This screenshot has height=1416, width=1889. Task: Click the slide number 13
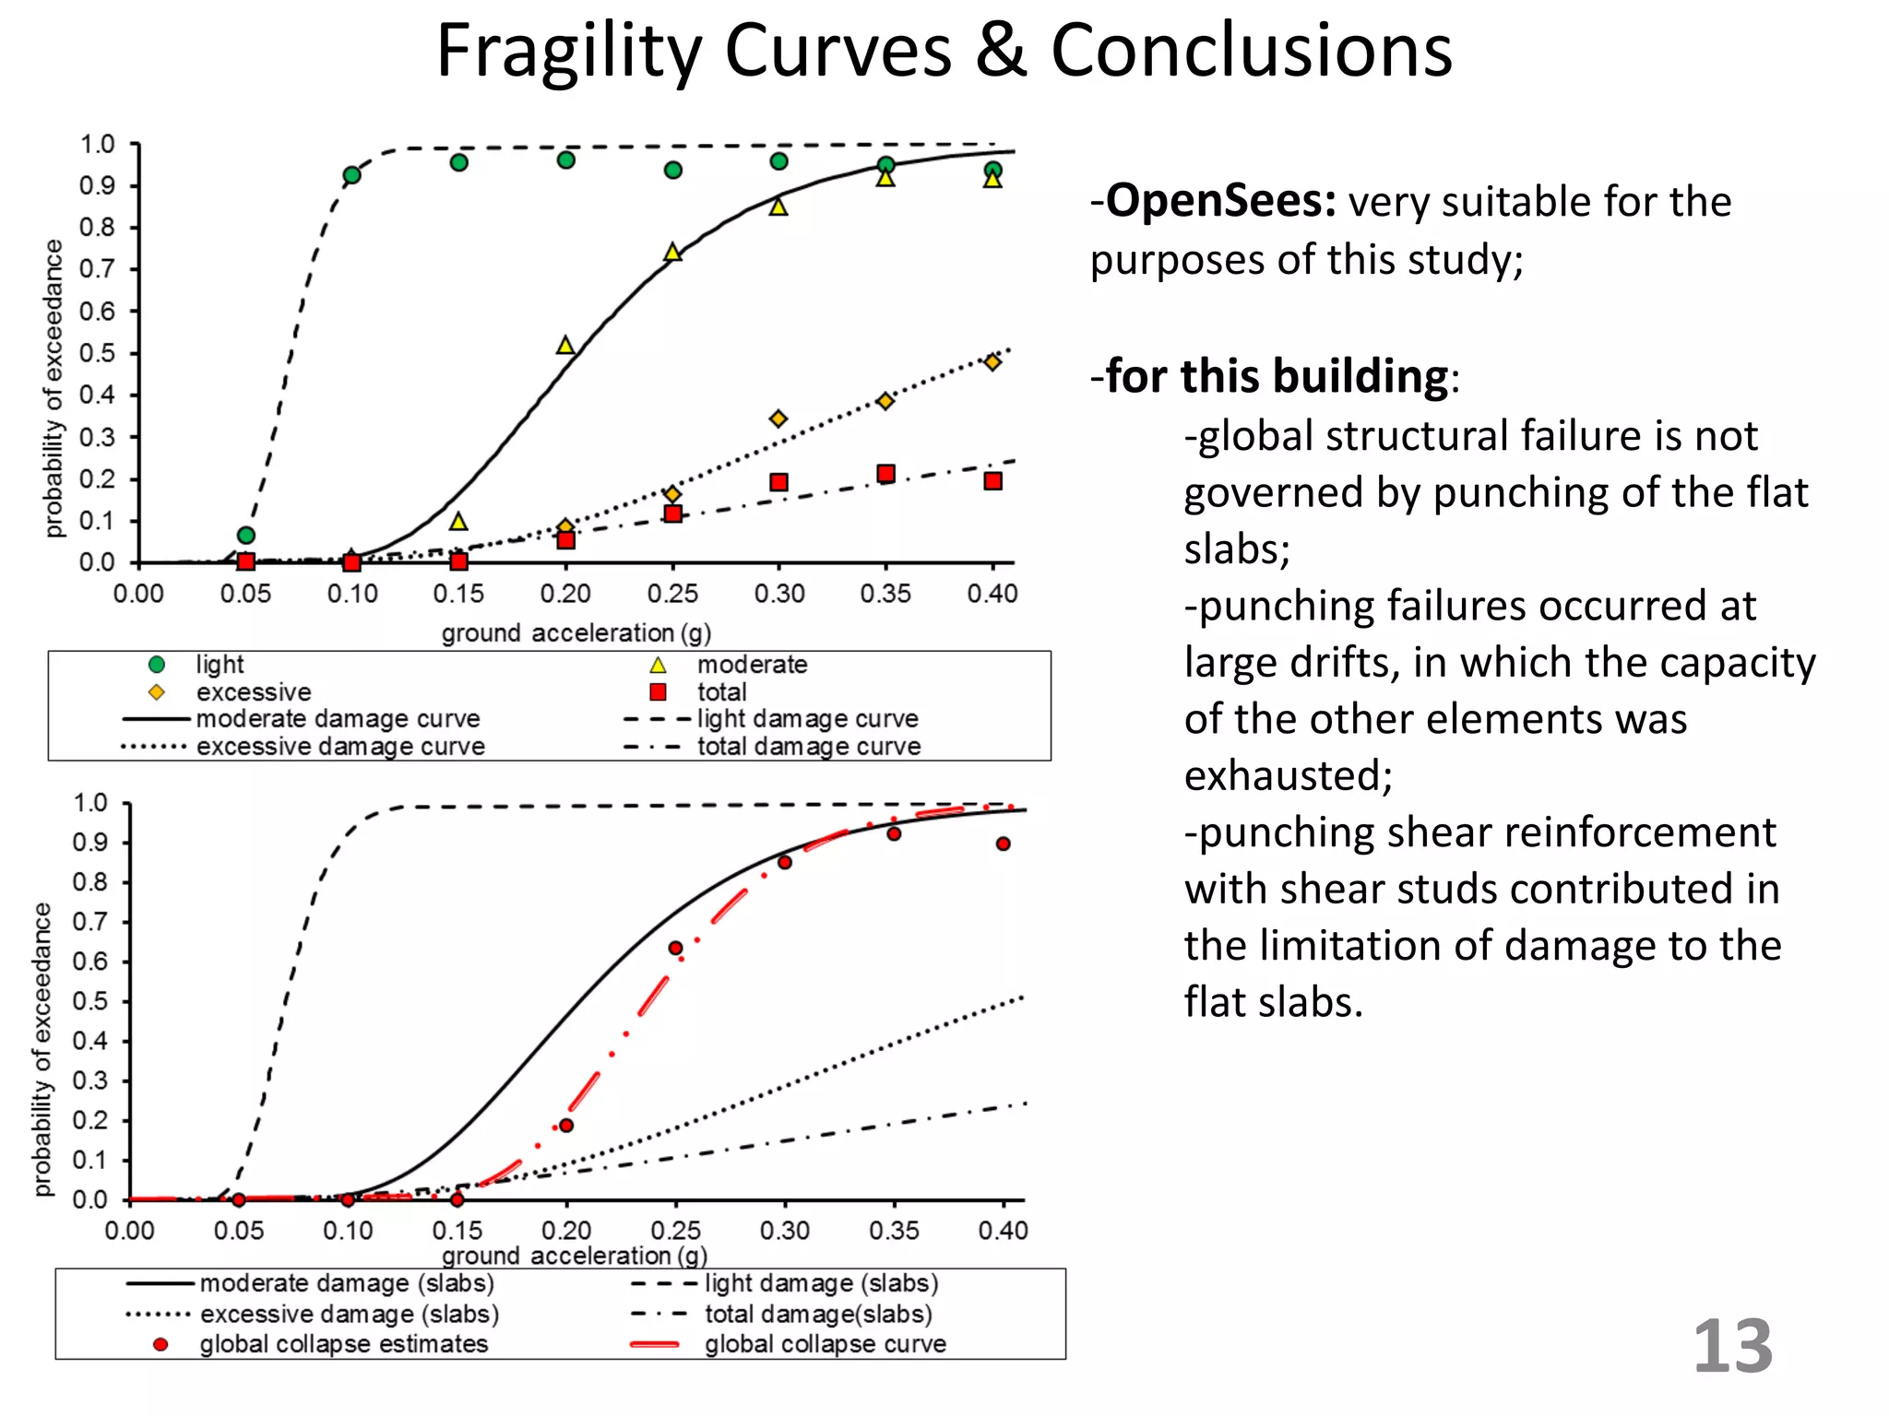click(1732, 1347)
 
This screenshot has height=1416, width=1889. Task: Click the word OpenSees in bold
click(1220, 201)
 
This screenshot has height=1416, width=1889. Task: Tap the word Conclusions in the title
click(1251, 51)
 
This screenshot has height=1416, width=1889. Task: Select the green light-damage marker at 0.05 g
click(245, 536)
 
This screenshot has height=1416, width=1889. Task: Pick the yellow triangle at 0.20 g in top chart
click(565, 346)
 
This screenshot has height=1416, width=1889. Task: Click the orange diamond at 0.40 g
click(992, 362)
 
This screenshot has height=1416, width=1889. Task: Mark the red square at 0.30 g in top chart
click(778, 482)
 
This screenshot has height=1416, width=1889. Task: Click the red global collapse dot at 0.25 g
click(675, 949)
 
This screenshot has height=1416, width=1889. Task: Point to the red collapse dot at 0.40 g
click(1004, 844)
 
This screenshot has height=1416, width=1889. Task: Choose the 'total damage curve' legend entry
click(808, 747)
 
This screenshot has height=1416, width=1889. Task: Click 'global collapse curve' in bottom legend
click(825, 1344)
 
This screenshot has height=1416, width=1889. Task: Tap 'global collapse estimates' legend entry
click(343, 1344)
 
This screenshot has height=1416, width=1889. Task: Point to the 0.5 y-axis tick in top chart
click(97, 353)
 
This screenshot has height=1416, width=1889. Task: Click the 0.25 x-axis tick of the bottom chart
click(675, 1231)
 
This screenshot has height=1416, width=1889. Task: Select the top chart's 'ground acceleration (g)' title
click(576, 633)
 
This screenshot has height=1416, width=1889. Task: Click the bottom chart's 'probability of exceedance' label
click(42, 1049)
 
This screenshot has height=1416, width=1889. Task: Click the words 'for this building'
click(1277, 376)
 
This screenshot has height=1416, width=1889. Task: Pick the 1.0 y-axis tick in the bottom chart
click(90, 803)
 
